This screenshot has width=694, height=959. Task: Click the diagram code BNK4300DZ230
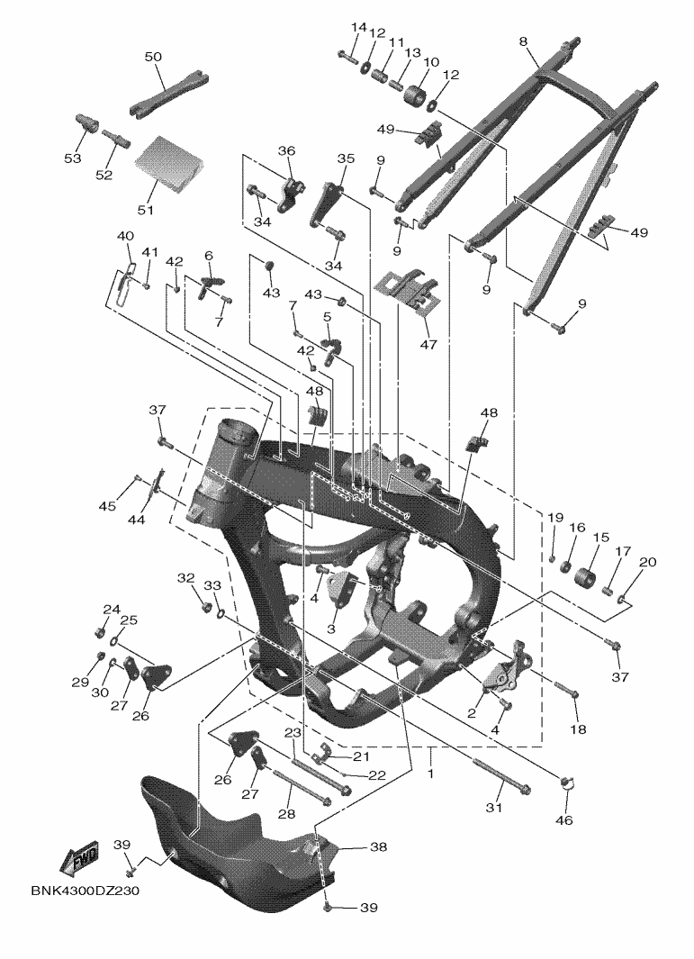click(85, 891)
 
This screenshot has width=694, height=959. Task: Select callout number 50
click(153, 57)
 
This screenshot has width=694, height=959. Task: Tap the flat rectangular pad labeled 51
click(167, 162)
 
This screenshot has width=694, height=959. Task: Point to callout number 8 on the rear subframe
click(523, 41)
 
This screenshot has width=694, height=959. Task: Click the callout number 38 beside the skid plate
click(378, 847)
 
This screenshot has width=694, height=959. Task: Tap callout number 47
click(428, 344)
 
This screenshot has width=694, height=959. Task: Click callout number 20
click(648, 562)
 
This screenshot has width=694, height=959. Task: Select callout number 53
click(72, 158)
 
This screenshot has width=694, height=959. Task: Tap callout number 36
click(287, 150)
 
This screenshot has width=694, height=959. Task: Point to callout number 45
click(107, 506)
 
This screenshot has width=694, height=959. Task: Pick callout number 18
click(578, 729)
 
